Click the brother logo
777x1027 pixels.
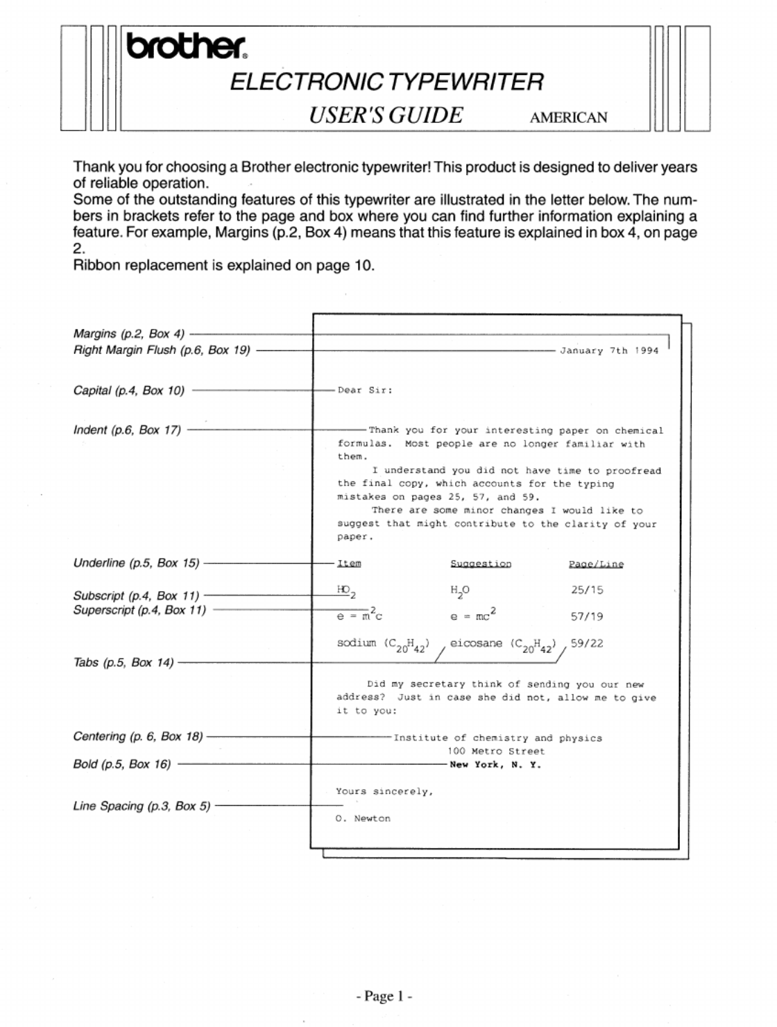click(186, 46)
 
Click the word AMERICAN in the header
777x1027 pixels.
click(568, 117)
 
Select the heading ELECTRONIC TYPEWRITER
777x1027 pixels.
click(386, 82)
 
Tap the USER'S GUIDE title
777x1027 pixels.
click(386, 115)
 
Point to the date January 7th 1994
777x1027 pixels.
click(609, 350)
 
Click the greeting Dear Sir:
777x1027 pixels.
click(365, 390)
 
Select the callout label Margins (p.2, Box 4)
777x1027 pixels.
click(129, 334)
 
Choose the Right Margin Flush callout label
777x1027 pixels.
click(162, 350)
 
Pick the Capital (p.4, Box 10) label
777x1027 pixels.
click(129, 390)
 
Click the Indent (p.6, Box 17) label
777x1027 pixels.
click(127, 430)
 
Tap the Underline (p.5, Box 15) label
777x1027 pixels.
click(136, 563)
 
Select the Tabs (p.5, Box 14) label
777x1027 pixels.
click(123, 662)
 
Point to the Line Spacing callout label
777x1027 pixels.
click(142, 806)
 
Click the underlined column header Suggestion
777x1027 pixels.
click(481, 564)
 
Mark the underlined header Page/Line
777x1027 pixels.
click(596, 564)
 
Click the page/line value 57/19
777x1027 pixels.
click(587, 616)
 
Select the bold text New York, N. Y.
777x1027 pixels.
click(495, 765)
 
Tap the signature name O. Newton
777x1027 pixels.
click(363, 819)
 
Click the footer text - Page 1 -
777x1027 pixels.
click(384, 996)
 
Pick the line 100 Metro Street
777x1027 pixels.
click(496, 752)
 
